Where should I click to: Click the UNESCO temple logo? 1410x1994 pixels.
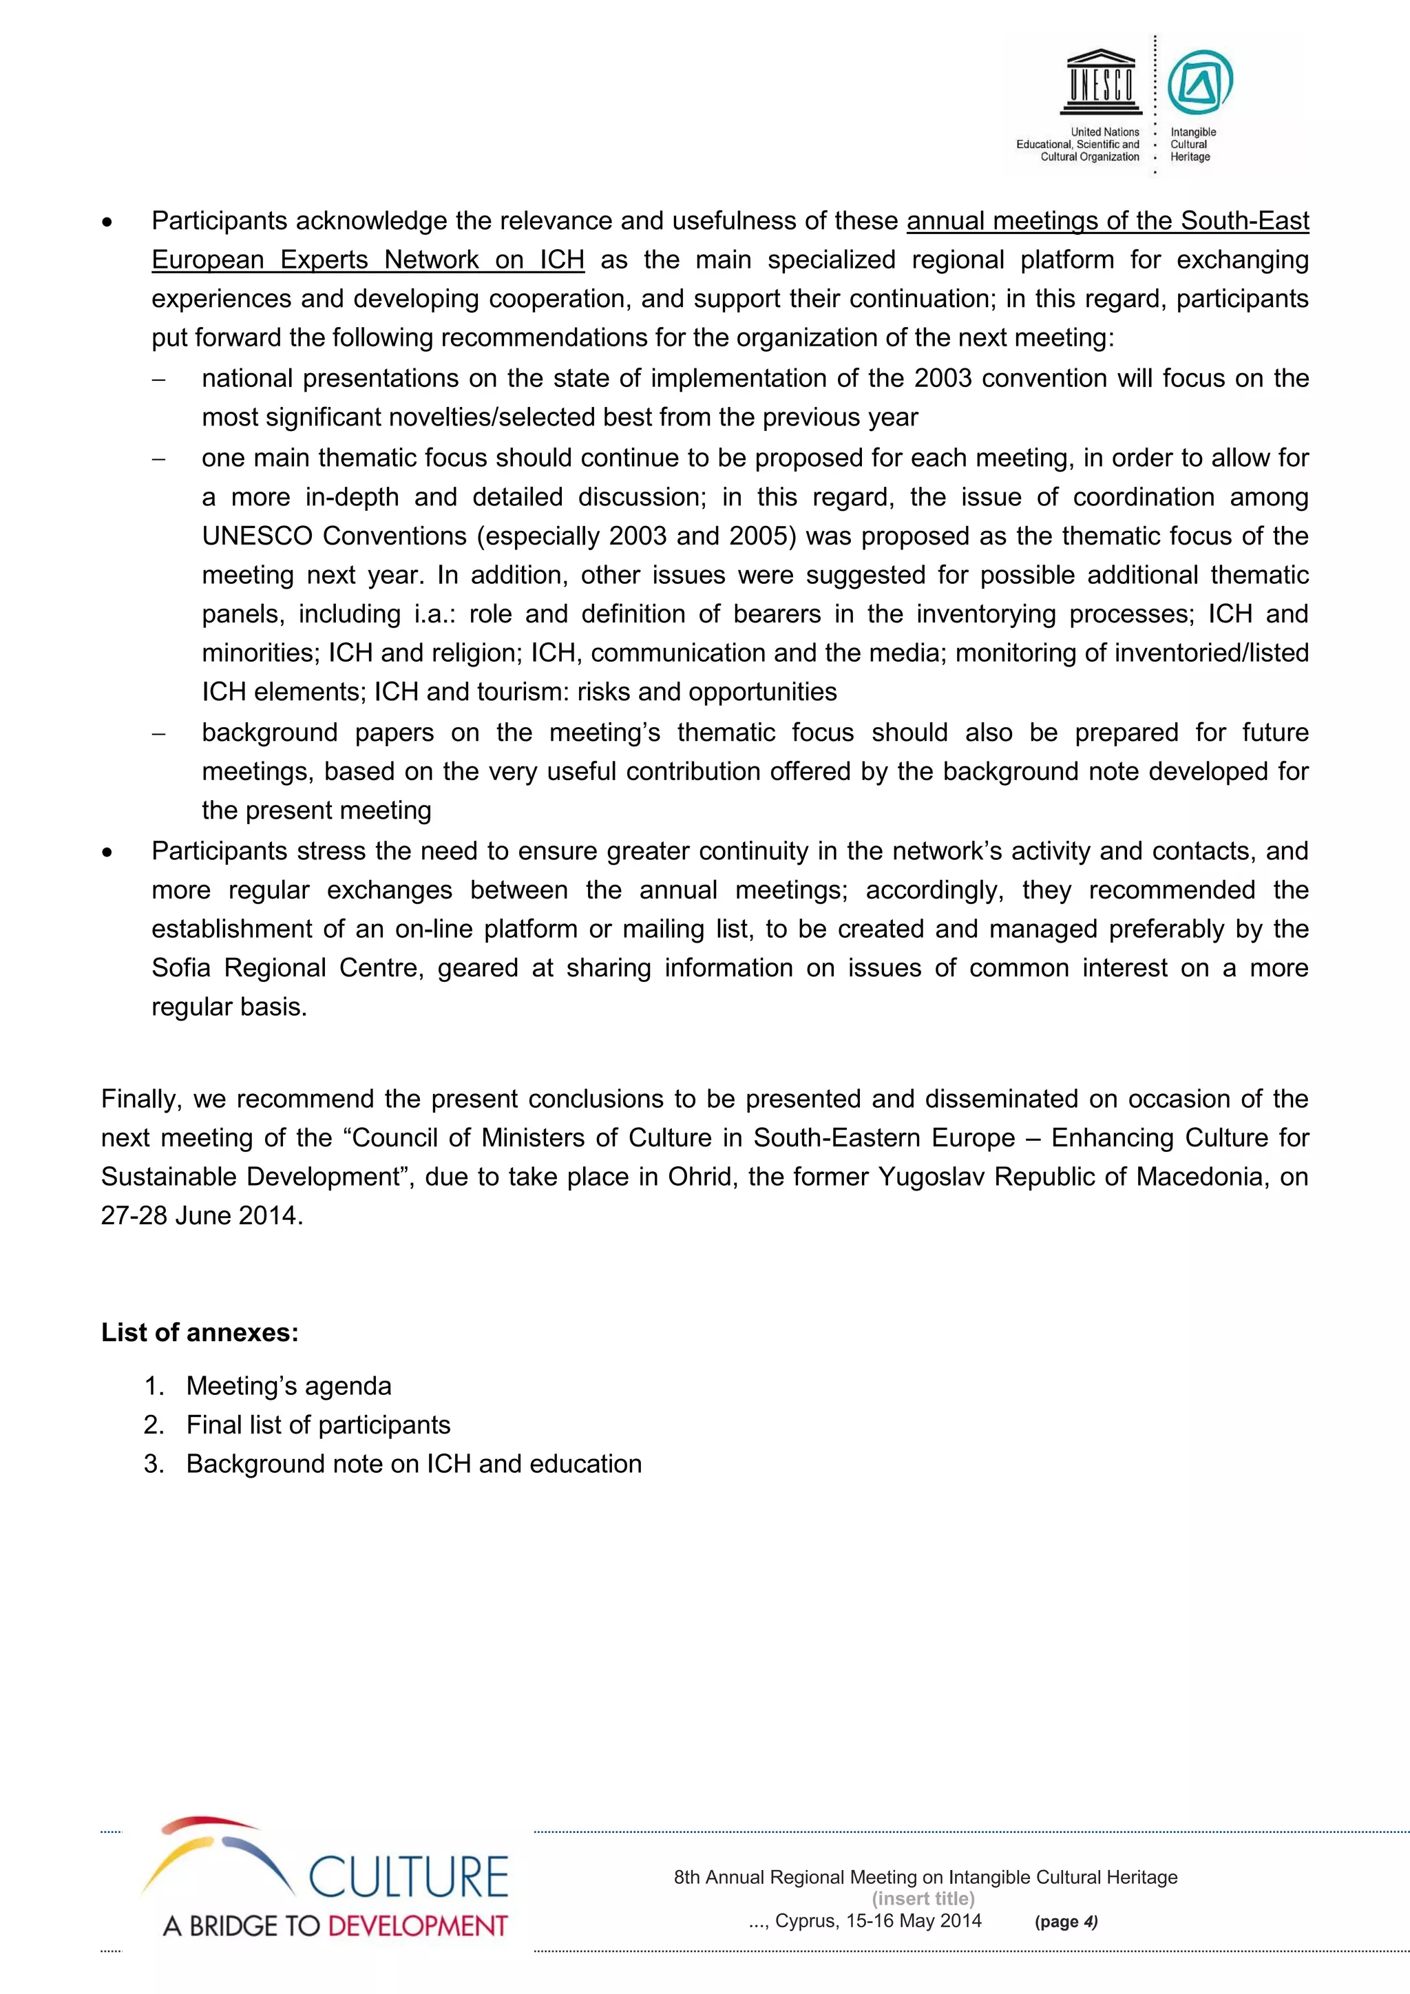pyautogui.click(x=1101, y=83)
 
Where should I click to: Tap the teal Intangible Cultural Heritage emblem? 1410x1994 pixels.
pyautogui.click(x=1200, y=83)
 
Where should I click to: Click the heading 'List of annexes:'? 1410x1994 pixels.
pyautogui.click(x=200, y=1332)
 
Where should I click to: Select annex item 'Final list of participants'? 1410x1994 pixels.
pyautogui.click(x=318, y=1425)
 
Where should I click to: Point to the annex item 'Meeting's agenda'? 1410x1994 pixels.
pyautogui.click(x=288, y=1385)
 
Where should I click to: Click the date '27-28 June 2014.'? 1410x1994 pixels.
pyautogui.click(x=202, y=1215)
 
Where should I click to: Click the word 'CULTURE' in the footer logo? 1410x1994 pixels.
pyautogui.click(x=408, y=1878)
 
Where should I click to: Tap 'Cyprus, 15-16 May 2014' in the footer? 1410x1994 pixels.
pyautogui.click(x=878, y=1920)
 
